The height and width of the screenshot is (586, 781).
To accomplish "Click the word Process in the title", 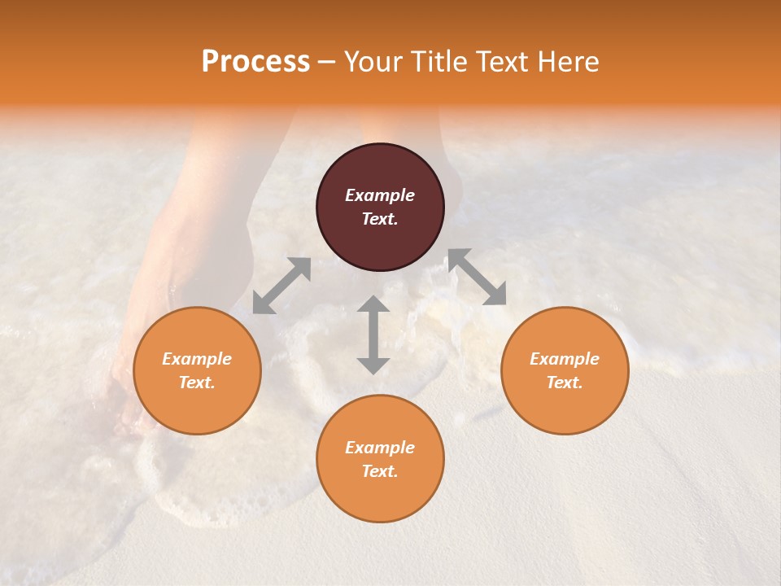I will pyautogui.click(x=255, y=62).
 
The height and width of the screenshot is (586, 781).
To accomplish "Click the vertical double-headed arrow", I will pyautogui.click(x=373, y=335).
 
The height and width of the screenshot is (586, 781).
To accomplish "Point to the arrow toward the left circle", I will pyautogui.click(x=281, y=286).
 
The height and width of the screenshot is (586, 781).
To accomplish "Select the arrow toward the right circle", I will pyautogui.click(x=477, y=277).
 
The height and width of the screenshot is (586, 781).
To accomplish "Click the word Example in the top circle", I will pyautogui.click(x=380, y=195).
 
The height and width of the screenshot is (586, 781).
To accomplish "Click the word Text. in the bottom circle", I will pyautogui.click(x=380, y=471).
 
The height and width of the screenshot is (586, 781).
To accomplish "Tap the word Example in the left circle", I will pyautogui.click(x=197, y=359).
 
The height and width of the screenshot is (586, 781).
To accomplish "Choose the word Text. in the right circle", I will pyautogui.click(x=565, y=383).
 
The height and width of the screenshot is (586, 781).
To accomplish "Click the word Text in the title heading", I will pyautogui.click(x=501, y=62).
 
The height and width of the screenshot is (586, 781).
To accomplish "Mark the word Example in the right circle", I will pyautogui.click(x=565, y=359).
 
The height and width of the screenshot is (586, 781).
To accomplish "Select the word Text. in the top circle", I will pyautogui.click(x=380, y=219).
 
